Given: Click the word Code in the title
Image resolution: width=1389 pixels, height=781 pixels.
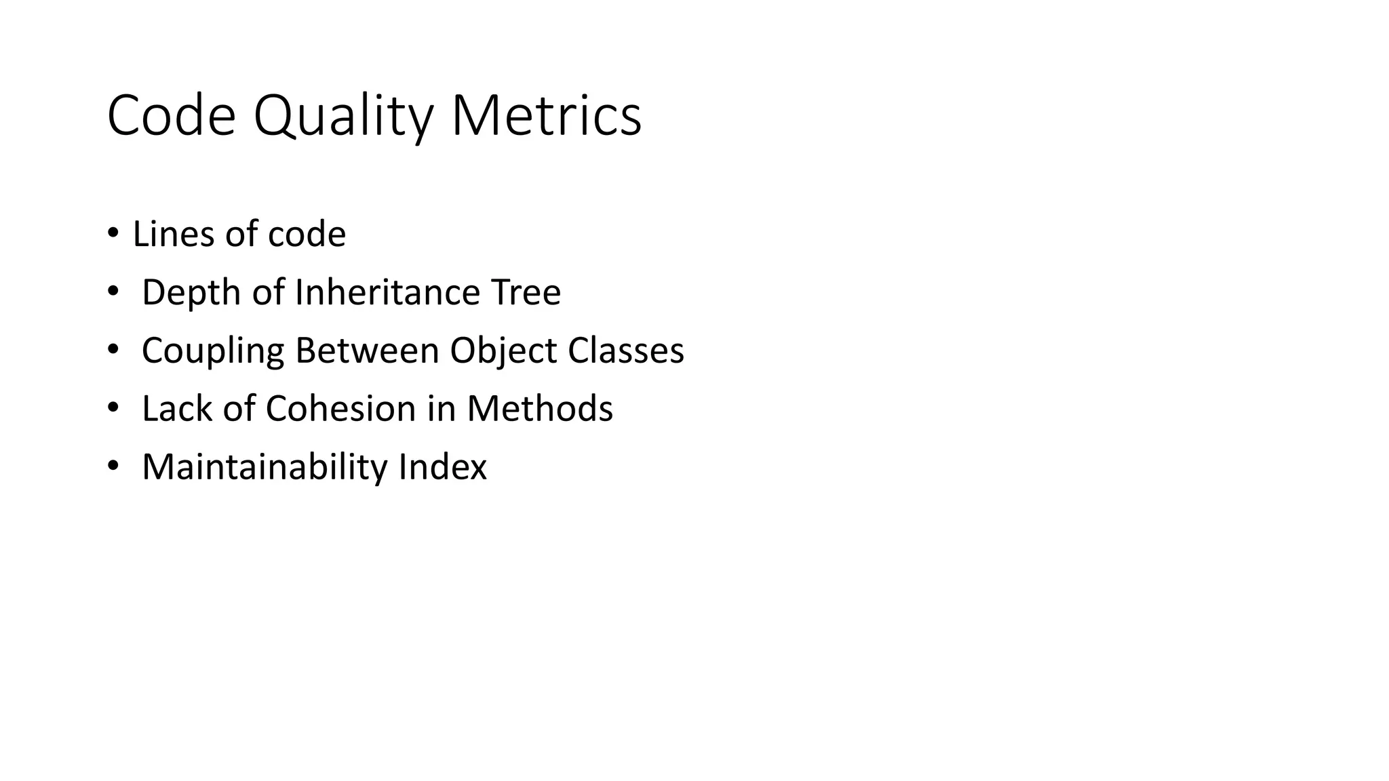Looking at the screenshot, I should pyautogui.click(x=171, y=117).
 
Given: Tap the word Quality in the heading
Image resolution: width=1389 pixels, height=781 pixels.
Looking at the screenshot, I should pyautogui.click(x=343, y=117).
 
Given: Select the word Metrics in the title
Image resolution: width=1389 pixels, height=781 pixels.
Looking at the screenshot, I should pyautogui.click(x=546, y=117).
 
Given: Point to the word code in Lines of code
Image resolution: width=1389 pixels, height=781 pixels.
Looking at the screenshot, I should pyautogui.click(x=307, y=234).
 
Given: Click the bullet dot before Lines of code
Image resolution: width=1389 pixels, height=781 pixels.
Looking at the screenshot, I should pyautogui.click(x=113, y=234).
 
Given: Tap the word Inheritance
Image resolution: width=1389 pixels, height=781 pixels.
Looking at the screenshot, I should pyautogui.click(x=387, y=292).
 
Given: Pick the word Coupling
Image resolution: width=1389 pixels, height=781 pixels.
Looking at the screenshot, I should pyautogui.click(x=212, y=351).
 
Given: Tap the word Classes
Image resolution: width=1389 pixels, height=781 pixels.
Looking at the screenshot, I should pyautogui.click(x=625, y=351).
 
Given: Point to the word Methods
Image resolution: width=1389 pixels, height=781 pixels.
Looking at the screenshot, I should pyautogui.click(x=539, y=409).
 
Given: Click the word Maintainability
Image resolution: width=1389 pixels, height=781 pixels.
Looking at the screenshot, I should pyautogui.click(x=264, y=467).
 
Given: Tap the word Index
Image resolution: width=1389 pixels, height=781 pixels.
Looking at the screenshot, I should pyautogui.click(x=442, y=467).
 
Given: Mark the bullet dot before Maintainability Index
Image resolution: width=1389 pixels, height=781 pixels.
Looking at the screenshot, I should pyautogui.click(x=113, y=467).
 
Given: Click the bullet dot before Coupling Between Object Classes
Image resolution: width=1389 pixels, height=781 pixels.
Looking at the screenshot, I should pyautogui.click(x=113, y=351).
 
